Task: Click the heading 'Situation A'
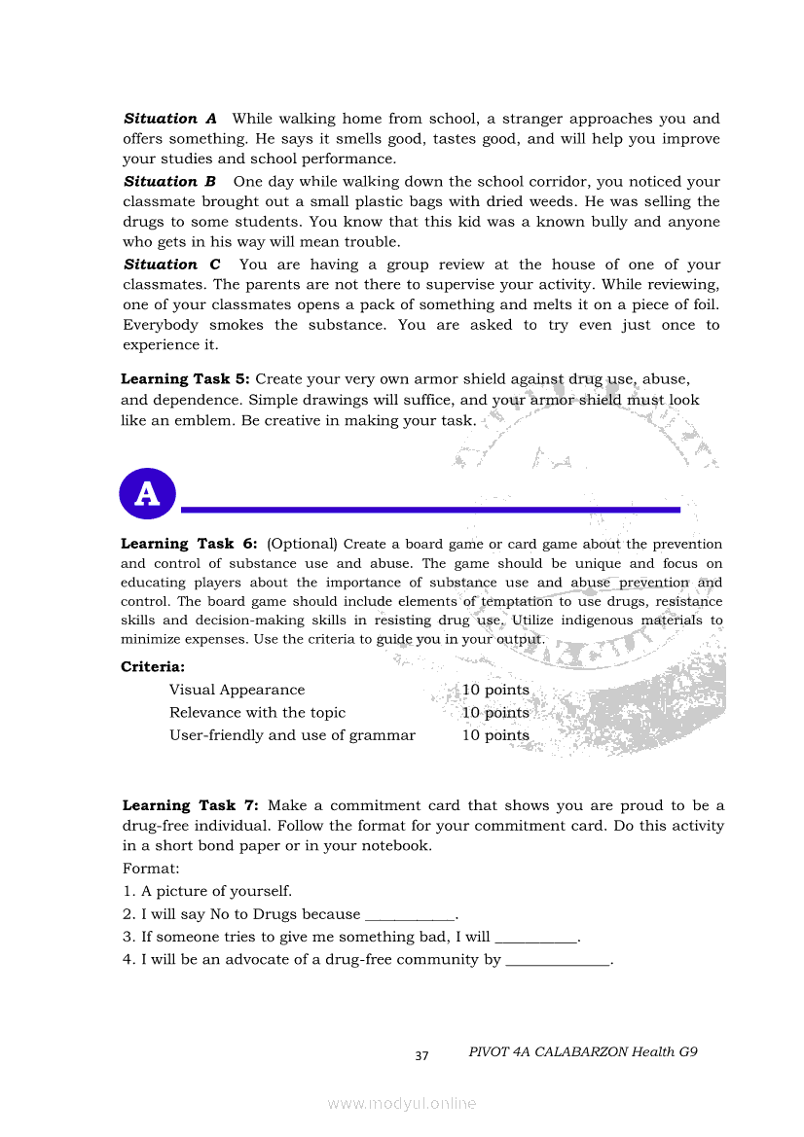[x=170, y=119]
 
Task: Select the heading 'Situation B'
[x=169, y=182]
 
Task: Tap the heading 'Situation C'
[x=172, y=265]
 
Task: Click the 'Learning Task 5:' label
[x=185, y=379]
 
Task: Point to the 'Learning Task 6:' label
[x=189, y=544]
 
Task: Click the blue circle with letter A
[x=147, y=494]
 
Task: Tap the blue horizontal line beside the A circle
[x=430, y=509]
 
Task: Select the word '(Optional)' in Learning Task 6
[x=302, y=544]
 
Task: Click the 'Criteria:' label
[x=153, y=666]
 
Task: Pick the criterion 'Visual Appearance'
[x=237, y=690]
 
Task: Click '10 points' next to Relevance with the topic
[x=495, y=713]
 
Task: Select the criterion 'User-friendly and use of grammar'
[x=292, y=735]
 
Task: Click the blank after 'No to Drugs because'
[x=409, y=915]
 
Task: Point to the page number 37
[x=421, y=1056]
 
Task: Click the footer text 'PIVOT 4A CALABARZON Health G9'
[x=583, y=1052]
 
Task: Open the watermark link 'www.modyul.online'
[x=402, y=1103]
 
